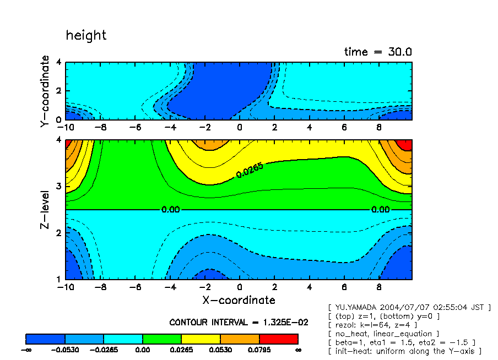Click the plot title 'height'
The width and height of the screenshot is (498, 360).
86,36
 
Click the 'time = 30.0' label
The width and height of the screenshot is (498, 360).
378,52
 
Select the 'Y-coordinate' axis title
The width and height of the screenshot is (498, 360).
45,92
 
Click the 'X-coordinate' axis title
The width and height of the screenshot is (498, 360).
239,300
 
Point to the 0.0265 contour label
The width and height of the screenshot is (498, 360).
250,170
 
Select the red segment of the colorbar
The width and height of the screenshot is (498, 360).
279,339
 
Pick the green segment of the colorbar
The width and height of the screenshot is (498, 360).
162,339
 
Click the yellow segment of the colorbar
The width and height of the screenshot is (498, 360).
201,339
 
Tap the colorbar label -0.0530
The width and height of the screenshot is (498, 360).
65,350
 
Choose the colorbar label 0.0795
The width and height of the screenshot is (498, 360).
259,350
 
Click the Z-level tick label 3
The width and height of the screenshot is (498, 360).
59,187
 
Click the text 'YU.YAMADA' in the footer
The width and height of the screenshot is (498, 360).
358,307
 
